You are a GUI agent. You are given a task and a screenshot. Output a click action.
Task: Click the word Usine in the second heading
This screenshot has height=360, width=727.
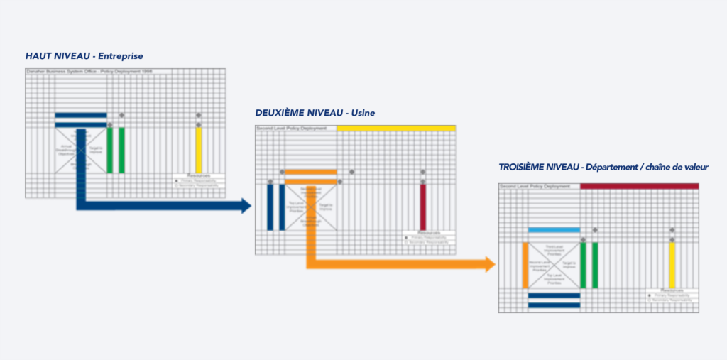coord(362,113)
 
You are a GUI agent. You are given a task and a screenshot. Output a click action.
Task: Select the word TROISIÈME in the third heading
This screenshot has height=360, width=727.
coord(531,167)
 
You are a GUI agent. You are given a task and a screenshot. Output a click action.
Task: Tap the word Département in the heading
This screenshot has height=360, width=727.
coord(618,167)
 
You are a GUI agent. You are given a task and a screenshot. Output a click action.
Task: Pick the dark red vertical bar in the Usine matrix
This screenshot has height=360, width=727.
coord(423,207)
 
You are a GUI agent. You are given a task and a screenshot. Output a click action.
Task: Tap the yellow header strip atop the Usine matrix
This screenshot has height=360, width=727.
coord(395,128)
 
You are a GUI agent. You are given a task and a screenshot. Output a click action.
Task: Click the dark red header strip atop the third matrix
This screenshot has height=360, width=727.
coord(639,186)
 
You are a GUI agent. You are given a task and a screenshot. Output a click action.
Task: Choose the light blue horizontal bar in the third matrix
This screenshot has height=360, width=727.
coord(554,230)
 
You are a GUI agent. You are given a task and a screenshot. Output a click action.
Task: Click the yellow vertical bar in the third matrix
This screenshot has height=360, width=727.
coord(672,265)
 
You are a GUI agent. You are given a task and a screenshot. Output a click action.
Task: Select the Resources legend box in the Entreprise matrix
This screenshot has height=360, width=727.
coord(199,180)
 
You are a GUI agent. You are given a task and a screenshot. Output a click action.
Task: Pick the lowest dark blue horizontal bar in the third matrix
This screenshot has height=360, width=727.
coord(554,305)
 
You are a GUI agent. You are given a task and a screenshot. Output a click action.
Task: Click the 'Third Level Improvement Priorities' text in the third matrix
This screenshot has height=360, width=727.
coord(554,250)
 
